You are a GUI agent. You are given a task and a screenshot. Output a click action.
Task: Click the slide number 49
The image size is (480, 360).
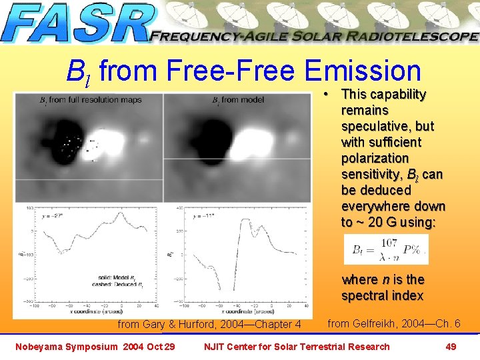coord(451,346)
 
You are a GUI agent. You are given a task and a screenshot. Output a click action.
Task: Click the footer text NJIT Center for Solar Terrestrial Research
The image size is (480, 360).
coord(296,346)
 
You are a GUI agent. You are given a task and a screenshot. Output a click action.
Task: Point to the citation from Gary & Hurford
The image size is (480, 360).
coord(209,325)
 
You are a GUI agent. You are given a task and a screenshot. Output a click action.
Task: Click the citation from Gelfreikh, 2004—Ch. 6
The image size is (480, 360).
coord(394,323)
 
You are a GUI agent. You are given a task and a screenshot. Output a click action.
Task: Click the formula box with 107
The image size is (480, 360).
coord(385,249)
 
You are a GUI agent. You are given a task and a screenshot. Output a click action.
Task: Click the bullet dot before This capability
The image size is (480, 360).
coord(329,95)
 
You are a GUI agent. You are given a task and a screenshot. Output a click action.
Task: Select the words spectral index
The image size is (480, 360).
coord(382,295)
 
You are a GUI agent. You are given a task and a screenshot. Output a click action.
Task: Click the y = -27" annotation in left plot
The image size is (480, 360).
coord(55,215)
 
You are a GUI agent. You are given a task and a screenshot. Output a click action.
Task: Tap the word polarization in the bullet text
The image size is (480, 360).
coord(375,158)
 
